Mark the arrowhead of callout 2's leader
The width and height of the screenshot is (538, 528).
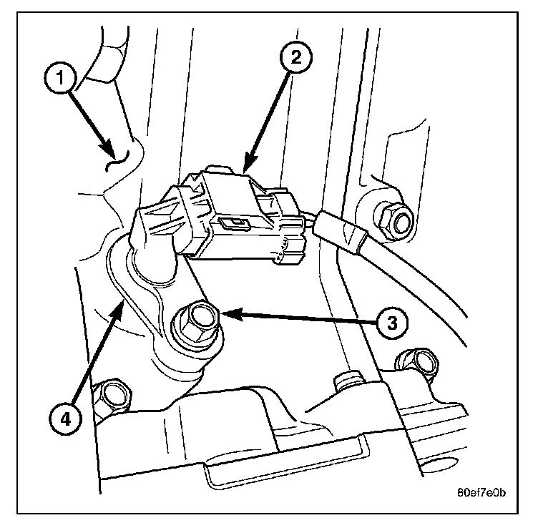[x=247, y=168]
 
